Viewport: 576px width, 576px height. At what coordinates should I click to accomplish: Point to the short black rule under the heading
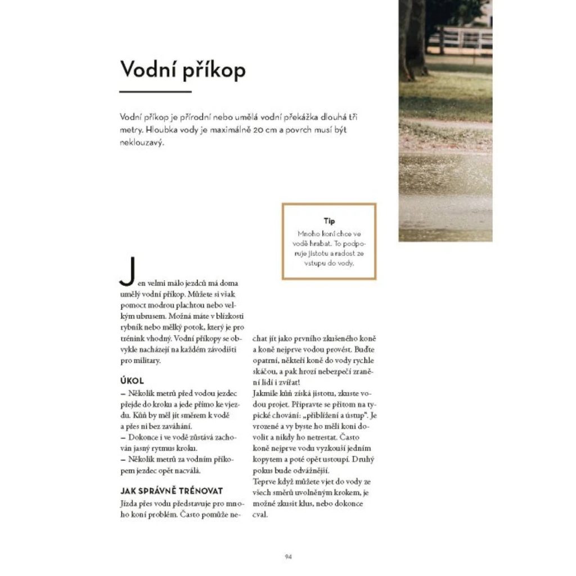(155, 91)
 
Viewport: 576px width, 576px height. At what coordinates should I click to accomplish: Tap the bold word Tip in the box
(329, 221)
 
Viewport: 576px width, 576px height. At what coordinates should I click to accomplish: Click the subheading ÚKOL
(133, 381)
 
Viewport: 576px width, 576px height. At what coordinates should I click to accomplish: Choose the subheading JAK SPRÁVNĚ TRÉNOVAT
(172, 490)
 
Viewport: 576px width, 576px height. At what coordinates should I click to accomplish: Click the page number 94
(288, 556)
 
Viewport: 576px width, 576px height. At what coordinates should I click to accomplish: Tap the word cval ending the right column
(260, 514)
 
